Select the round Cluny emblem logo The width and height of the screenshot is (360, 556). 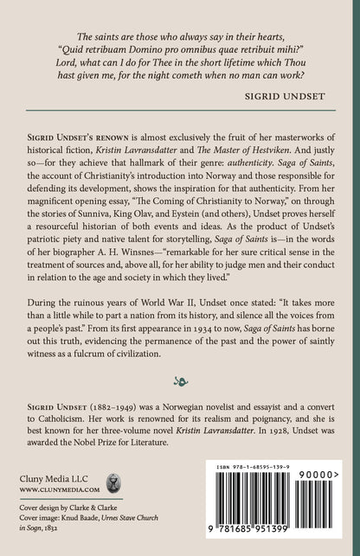click(112, 506)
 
